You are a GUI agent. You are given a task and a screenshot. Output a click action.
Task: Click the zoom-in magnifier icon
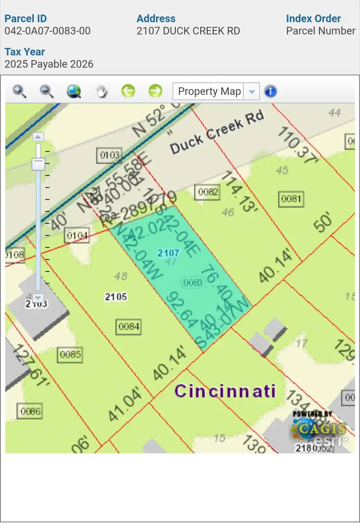pyautogui.click(x=19, y=92)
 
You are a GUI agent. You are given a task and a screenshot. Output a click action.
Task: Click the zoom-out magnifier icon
pyautogui.click(x=46, y=92)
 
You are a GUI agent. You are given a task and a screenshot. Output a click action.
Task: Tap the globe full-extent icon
pyautogui.click(x=74, y=92)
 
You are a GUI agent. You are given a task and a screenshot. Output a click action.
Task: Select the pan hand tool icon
pyautogui.click(x=101, y=92)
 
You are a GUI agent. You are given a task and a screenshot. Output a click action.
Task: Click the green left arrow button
pyautogui.click(x=128, y=91)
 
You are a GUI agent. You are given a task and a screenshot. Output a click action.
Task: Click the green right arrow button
pyautogui.click(x=155, y=91)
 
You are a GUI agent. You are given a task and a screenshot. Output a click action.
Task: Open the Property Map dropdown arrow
pyautogui.click(x=252, y=91)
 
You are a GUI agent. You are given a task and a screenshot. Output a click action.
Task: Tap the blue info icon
pyautogui.click(x=271, y=91)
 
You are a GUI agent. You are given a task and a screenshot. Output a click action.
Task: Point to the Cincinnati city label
pyautogui.click(x=225, y=391)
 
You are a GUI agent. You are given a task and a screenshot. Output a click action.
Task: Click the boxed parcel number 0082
pyautogui.click(x=208, y=192)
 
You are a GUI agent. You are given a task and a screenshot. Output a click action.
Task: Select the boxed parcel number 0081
pyautogui.click(x=291, y=198)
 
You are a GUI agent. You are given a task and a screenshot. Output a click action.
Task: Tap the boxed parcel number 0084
pyautogui.click(x=129, y=327)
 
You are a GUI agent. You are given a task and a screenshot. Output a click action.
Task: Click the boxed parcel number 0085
pyautogui.click(x=70, y=355)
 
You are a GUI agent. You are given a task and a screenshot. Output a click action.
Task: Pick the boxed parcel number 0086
pyautogui.click(x=30, y=411)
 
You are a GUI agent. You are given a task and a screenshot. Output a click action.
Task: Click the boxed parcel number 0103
pyautogui.click(x=110, y=155)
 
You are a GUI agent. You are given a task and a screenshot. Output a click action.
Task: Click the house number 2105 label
pyautogui.click(x=116, y=297)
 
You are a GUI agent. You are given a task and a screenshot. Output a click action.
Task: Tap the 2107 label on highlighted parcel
pyautogui.click(x=168, y=253)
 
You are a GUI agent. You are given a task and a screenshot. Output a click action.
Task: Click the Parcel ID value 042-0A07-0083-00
pyautogui.click(x=48, y=31)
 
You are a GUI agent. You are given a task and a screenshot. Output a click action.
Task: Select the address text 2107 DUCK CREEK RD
pyautogui.click(x=188, y=31)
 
